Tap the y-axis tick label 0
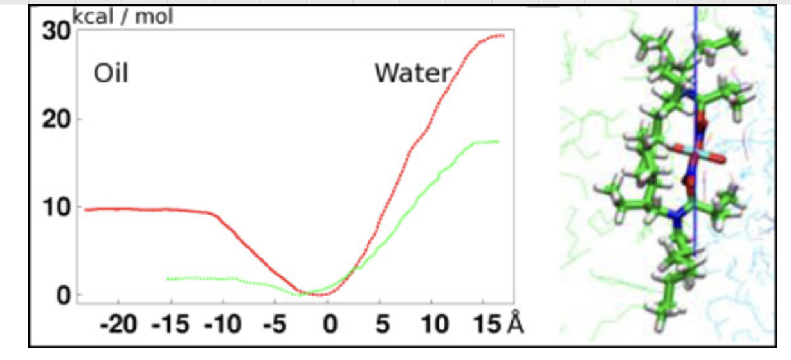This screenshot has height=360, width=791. pos(63,296)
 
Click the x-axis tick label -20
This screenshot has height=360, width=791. pos(120,324)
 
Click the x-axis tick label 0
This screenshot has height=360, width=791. pos(330,324)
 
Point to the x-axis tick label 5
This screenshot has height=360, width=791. pos(383,324)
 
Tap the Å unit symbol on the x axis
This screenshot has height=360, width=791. pos(516,323)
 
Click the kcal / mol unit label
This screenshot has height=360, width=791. pos(123,17)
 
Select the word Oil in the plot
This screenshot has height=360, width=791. pos(111,74)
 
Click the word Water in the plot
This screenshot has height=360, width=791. pos(412,74)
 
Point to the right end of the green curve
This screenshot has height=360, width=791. pos(497,141)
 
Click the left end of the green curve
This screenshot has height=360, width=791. pos(167,278)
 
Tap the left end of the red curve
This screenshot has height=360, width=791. pos(86,210)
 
